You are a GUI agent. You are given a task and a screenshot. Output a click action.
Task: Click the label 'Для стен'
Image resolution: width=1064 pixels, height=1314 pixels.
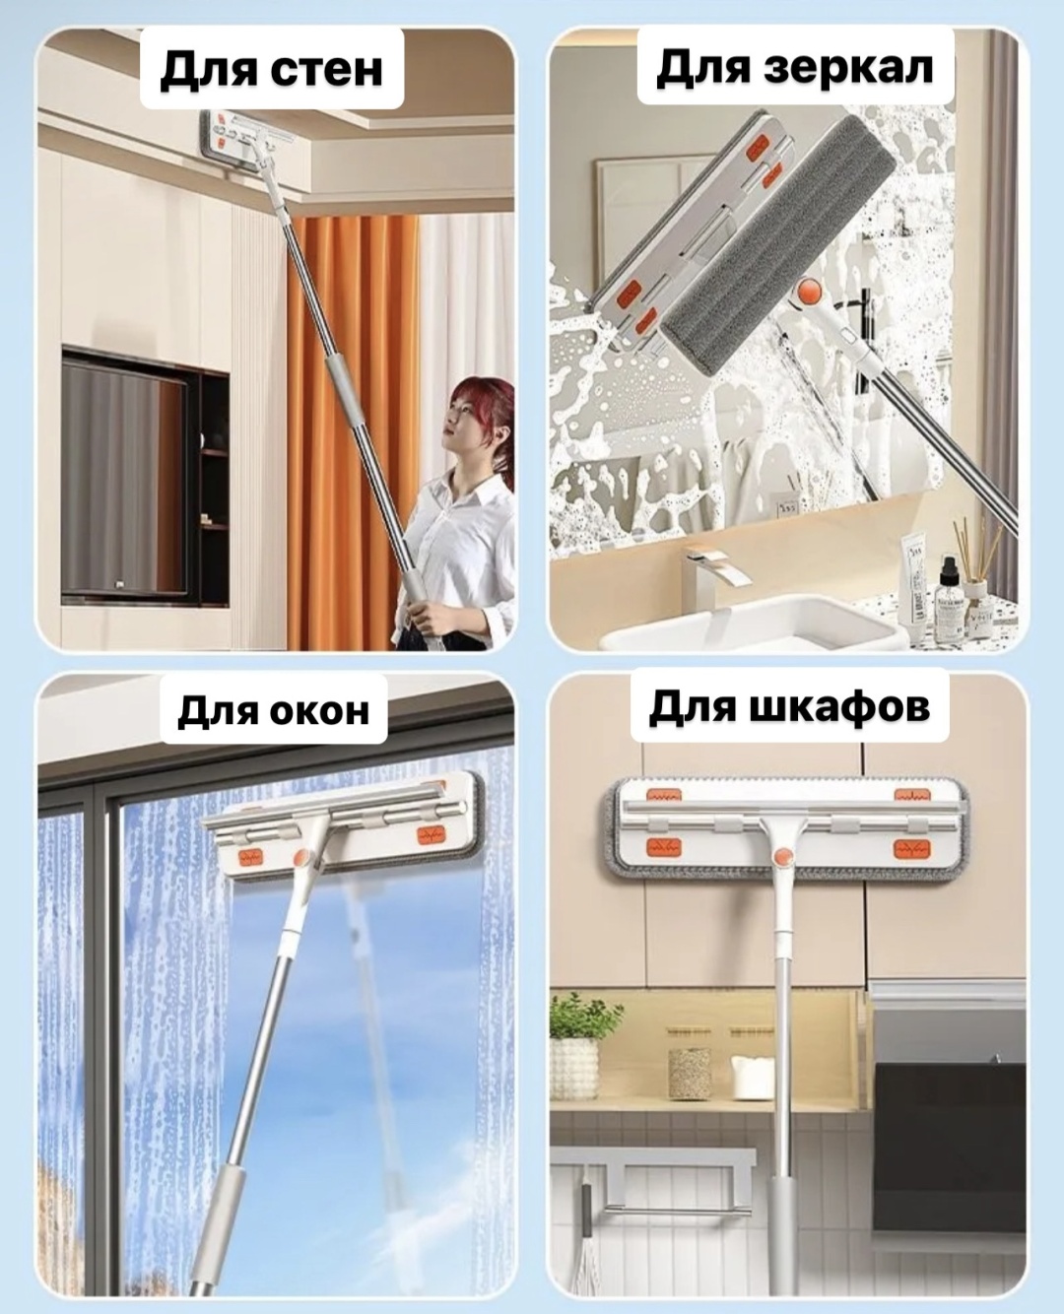click(x=271, y=69)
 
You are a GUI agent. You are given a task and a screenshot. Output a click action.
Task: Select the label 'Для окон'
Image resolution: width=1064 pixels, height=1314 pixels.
click(x=273, y=710)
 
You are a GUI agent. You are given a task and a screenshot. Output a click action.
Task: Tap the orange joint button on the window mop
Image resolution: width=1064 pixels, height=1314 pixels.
click(x=301, y=858)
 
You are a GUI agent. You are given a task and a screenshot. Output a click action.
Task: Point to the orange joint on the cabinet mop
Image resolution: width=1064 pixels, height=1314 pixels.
click(x=783, y=857)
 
